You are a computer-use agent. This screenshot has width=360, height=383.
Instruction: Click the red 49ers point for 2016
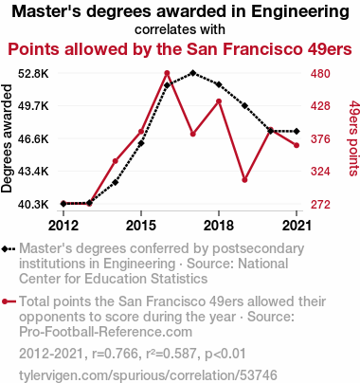point(167,73)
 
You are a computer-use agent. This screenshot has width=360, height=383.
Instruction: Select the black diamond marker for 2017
point(193,73)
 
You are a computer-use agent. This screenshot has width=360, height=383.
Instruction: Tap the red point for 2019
point(244,180)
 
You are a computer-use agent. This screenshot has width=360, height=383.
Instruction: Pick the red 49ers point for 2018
point(219,101)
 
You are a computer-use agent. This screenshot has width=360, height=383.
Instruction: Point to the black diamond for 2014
point(116,182)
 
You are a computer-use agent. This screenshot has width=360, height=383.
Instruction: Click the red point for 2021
point(297,145)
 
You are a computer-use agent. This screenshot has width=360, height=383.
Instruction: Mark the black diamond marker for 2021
point(297,131)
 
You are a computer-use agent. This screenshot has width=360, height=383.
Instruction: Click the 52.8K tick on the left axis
point(33,74)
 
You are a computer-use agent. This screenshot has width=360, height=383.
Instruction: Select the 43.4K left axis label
point(33,172)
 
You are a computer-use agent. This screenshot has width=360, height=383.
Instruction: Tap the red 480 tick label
point(320,74)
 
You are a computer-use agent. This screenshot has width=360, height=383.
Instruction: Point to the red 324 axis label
point(320,172)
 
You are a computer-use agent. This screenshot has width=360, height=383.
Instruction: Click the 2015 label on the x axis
point(141,226)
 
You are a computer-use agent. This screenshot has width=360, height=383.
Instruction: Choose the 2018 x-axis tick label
point(219,226)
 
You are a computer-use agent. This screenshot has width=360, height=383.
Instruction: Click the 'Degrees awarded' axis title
point(7,138)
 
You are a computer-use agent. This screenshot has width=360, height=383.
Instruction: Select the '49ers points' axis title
point(354,138)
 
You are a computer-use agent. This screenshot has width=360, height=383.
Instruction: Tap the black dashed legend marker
point(9,249)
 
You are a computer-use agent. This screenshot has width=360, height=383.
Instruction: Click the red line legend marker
point(9,301)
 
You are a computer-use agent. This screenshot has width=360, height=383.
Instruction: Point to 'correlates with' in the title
point(180,29)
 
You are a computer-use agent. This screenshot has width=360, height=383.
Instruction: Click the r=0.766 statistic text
point(116,354)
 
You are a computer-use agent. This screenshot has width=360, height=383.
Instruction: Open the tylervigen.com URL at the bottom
point(148,375)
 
